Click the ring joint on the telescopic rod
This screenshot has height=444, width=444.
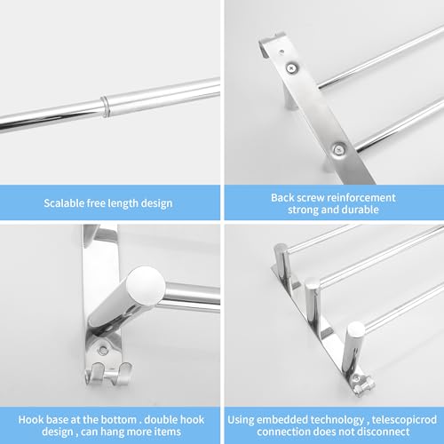pos(105,106)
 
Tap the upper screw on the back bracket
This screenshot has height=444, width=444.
pos(292,68)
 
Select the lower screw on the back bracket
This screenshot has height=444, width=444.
pos(338,150)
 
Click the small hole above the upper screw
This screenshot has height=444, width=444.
pos(281,52)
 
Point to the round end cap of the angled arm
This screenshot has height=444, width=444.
pos(146,287)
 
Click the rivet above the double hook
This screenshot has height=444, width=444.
pos(103,351)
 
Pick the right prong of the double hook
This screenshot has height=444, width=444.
pos(122,373)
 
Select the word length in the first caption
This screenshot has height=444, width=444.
pos(123,203)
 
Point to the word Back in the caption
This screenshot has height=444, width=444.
pos(282,197)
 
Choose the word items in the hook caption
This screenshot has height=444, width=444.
pos(167,432)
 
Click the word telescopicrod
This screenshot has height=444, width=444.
pos(404,420)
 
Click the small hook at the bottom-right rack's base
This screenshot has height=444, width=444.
pos(361,385)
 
